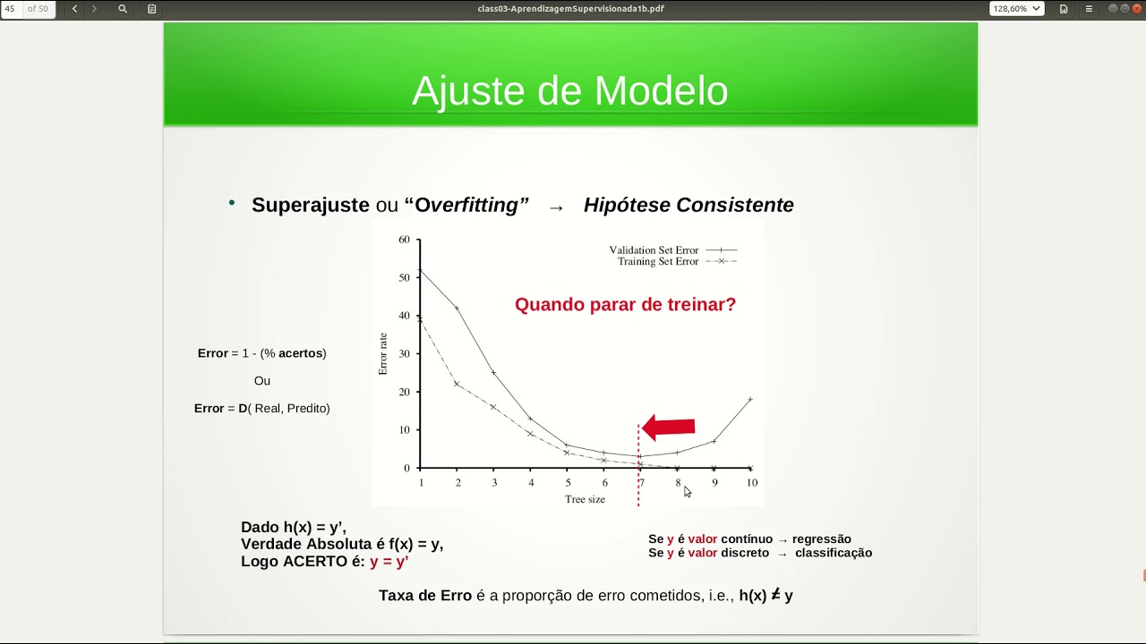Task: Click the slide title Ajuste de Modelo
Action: [569, 90]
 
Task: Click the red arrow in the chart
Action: [669, 428]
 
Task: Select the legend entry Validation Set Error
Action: [654, 250]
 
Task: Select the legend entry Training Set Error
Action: [657, 262]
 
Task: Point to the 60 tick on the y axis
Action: [404, 240]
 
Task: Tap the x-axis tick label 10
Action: [751, 483]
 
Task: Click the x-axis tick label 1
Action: [421, 483]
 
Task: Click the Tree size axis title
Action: [585, 499]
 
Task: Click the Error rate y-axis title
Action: [383, 353]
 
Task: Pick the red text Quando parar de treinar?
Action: [625, 304]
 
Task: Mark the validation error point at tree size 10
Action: [750, 399]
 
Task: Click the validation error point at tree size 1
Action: [420, 270]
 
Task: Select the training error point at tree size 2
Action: [457, 384]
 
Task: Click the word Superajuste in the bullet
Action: [310, 205]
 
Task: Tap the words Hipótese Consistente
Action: [688, 205]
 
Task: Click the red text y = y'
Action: [389, 562]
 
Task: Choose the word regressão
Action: [821, 539]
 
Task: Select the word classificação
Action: [833, 553]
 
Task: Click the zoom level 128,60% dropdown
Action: [1016, 9]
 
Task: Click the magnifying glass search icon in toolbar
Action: [123, 9]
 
